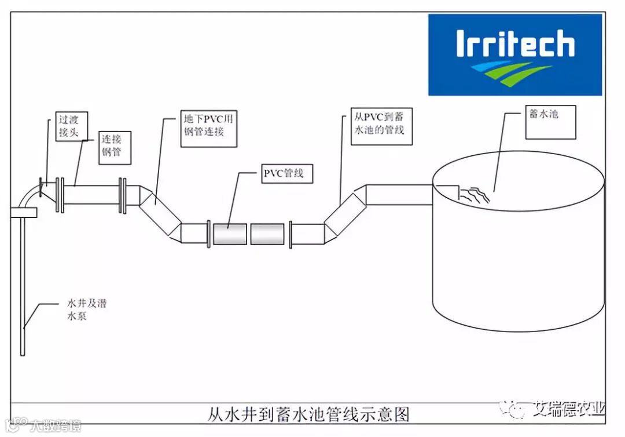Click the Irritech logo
[x=514, y=55]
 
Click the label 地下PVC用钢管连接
[x=207, y=128]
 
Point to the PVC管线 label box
[x=284, y=173]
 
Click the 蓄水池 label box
[x=550, y=122]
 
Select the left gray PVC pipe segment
[x=230, y=234]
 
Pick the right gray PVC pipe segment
[x=267, y=234]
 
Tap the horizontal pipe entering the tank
[x=399, y=194]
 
